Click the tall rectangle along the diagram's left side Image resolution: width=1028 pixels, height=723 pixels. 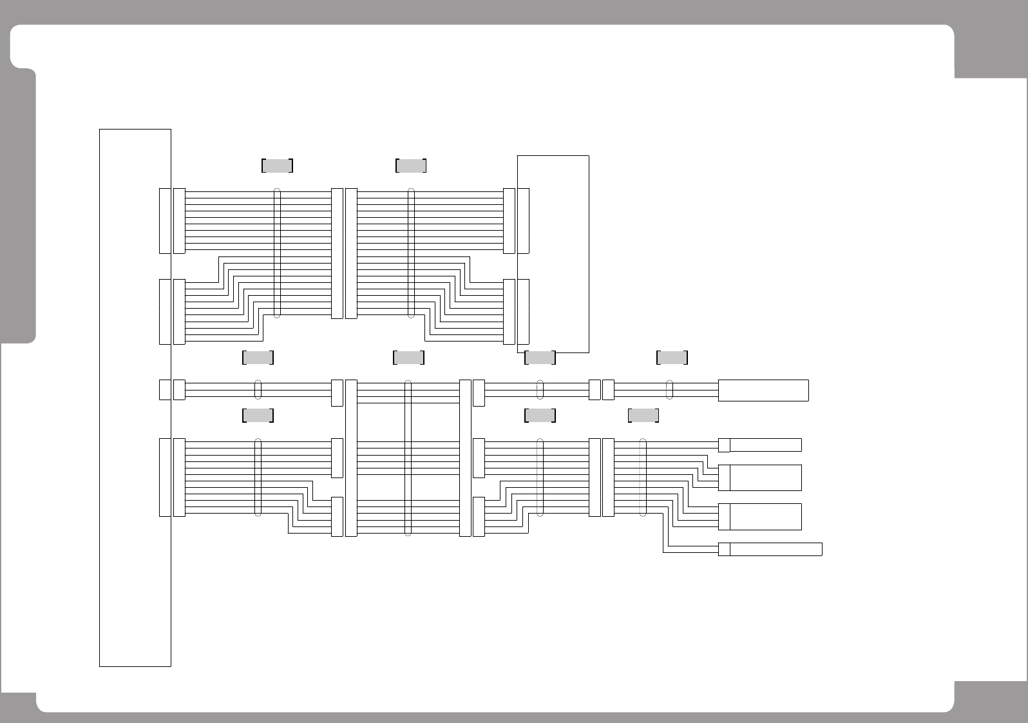pos(135,397)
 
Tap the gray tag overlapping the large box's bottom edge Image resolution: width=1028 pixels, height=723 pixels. pos(540,358)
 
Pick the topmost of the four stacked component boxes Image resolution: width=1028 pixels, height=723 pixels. pos(765,445)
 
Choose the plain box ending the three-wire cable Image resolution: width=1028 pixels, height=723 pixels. pos(763,390)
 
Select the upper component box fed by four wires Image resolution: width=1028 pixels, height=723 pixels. pos(765,477)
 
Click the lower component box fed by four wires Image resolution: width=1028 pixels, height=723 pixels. pos(765,517)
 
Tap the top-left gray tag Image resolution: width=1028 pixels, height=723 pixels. pos(277,166)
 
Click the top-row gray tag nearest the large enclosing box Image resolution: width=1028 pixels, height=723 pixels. pos(410,166)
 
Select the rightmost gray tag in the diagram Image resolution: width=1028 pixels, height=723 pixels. pos(672,358)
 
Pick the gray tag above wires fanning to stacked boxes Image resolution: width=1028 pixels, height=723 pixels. pos(643,416)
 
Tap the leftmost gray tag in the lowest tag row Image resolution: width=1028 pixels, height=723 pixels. pos(258,416)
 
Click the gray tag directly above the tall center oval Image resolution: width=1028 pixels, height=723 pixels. pos(408,358)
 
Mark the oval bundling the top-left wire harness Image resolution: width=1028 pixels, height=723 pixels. pos(277,253)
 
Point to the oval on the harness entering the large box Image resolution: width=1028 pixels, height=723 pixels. pos(411,253)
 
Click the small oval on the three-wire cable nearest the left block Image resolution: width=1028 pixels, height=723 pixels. pos(258,390)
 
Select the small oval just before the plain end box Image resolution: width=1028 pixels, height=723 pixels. pos(669,390)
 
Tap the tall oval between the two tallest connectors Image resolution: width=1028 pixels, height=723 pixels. pos(408,458)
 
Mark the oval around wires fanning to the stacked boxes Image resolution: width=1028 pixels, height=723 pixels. pos(643,477)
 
